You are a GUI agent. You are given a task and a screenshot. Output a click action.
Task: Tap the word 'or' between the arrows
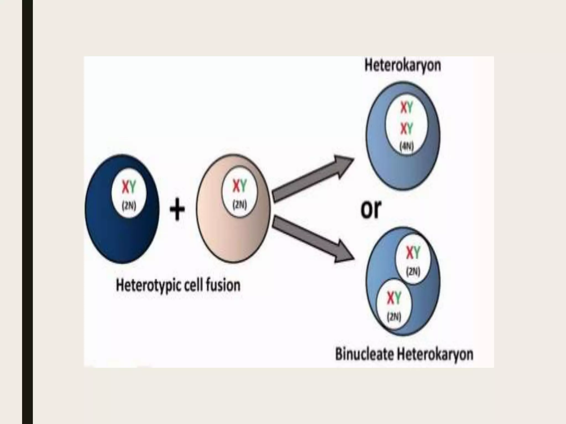[x=371, y=209]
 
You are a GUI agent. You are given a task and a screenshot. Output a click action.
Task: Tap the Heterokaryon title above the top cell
[x=403, y=66]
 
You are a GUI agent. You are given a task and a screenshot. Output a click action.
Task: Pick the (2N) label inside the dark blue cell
[x=129, y=206]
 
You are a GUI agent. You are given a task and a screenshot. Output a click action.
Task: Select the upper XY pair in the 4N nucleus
[x=407, y=108]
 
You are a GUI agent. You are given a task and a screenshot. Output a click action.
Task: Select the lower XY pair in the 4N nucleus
[x=407, y=128]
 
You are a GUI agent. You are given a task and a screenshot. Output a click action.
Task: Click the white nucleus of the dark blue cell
[x=129, y=195]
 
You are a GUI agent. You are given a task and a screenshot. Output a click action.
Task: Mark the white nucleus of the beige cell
[x=239, y=193]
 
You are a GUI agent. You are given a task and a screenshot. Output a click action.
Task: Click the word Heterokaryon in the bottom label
[x=435, y=354]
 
